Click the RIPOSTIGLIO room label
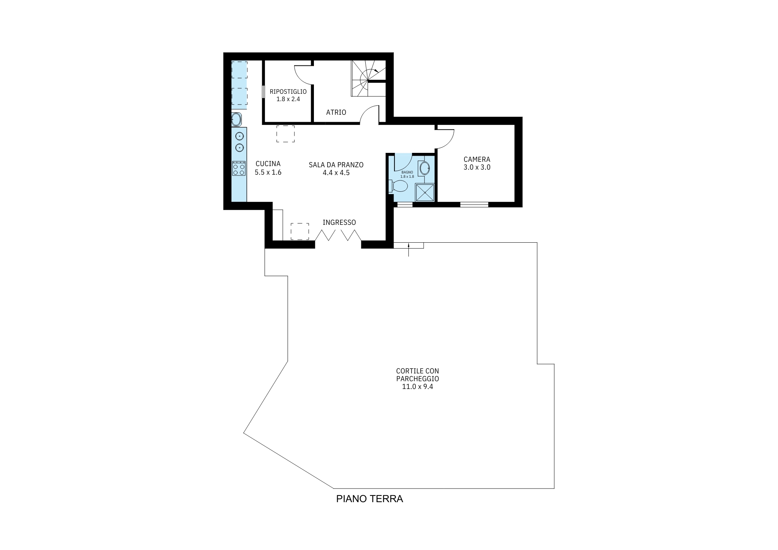tap(288, 92)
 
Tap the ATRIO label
tap(336, 112)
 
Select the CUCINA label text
tap(268, 164)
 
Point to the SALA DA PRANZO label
tap(336, 165)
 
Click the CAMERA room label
tap(477, 159)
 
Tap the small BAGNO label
tap(407, 172)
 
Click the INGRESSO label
tap(339, 222)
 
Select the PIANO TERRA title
tap(370, 499)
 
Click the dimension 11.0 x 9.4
tap(417, 387)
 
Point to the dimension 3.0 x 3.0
tap(477, 167)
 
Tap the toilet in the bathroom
tap(398, 186)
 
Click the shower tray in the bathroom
tap(424, 193)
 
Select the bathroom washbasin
tap(424, 168)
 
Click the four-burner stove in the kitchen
tap(239, 168)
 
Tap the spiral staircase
tap(368, 79)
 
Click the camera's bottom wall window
tap(474, 205)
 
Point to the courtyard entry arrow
tap(408, 249)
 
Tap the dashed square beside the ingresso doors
tap(300, 231)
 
